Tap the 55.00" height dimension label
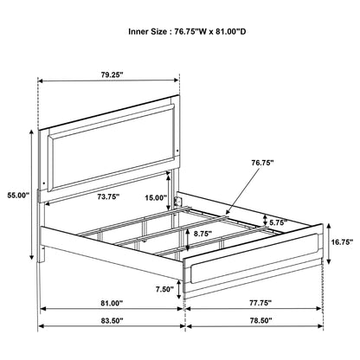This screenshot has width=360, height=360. point(16,195)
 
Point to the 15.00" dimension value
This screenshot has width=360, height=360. point(155,197)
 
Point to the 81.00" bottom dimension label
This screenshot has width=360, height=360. point(111,303)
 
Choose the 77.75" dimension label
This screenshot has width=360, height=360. point(255,303)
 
